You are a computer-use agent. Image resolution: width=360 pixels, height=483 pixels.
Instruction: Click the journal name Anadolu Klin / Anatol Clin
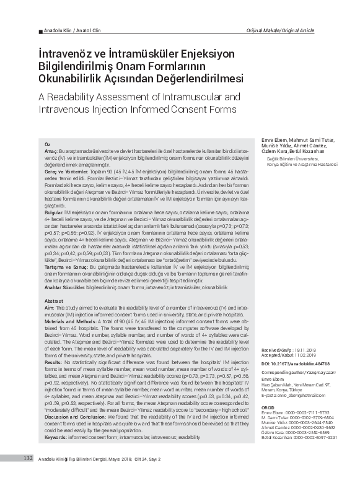(70, 30)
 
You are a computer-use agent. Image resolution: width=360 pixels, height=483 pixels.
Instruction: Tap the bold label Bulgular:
(56, 212)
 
